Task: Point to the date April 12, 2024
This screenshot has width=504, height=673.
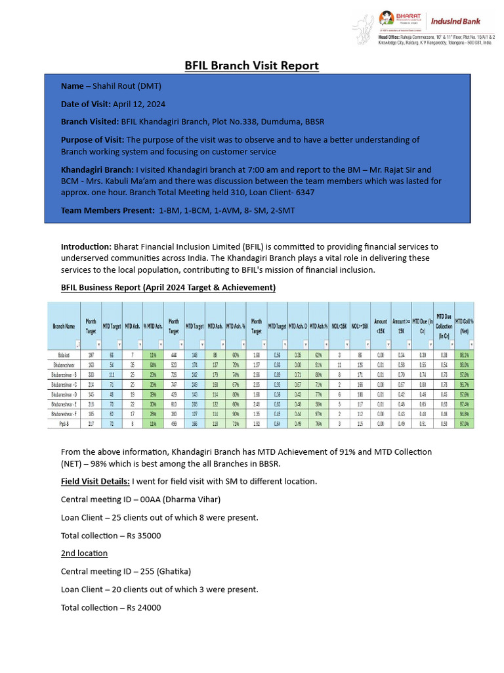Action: coord(140,104)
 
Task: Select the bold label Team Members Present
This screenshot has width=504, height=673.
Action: coord(108,210)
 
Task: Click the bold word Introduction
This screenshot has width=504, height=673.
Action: coord(86,246)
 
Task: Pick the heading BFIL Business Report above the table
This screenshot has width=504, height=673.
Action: coord(168,288)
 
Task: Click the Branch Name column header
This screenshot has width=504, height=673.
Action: coord(64,326)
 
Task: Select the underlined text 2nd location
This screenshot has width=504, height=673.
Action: coord(84,553)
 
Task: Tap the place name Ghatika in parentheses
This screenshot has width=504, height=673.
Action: coord(174,571)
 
